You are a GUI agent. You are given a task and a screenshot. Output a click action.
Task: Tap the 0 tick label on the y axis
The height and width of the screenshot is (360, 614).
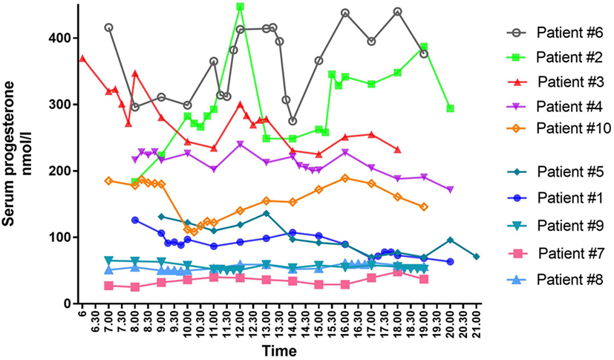click(x=67, y=304)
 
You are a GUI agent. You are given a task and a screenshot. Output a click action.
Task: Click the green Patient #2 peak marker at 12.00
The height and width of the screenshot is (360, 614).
click(x=240, y=7)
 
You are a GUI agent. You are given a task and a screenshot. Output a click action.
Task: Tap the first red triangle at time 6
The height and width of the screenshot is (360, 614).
click(x=82, y=58)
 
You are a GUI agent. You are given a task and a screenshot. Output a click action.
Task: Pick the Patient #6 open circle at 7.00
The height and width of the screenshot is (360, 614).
click(x=109, y=27)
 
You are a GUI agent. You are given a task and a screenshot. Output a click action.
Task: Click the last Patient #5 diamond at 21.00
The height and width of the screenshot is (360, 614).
click(x=477, y=257)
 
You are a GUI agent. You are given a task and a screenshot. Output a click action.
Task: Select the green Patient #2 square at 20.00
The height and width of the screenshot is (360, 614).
click(x=450, y=108)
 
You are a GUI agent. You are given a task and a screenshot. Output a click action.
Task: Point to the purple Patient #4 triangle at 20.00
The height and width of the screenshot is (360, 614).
click(x=450, y=190)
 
